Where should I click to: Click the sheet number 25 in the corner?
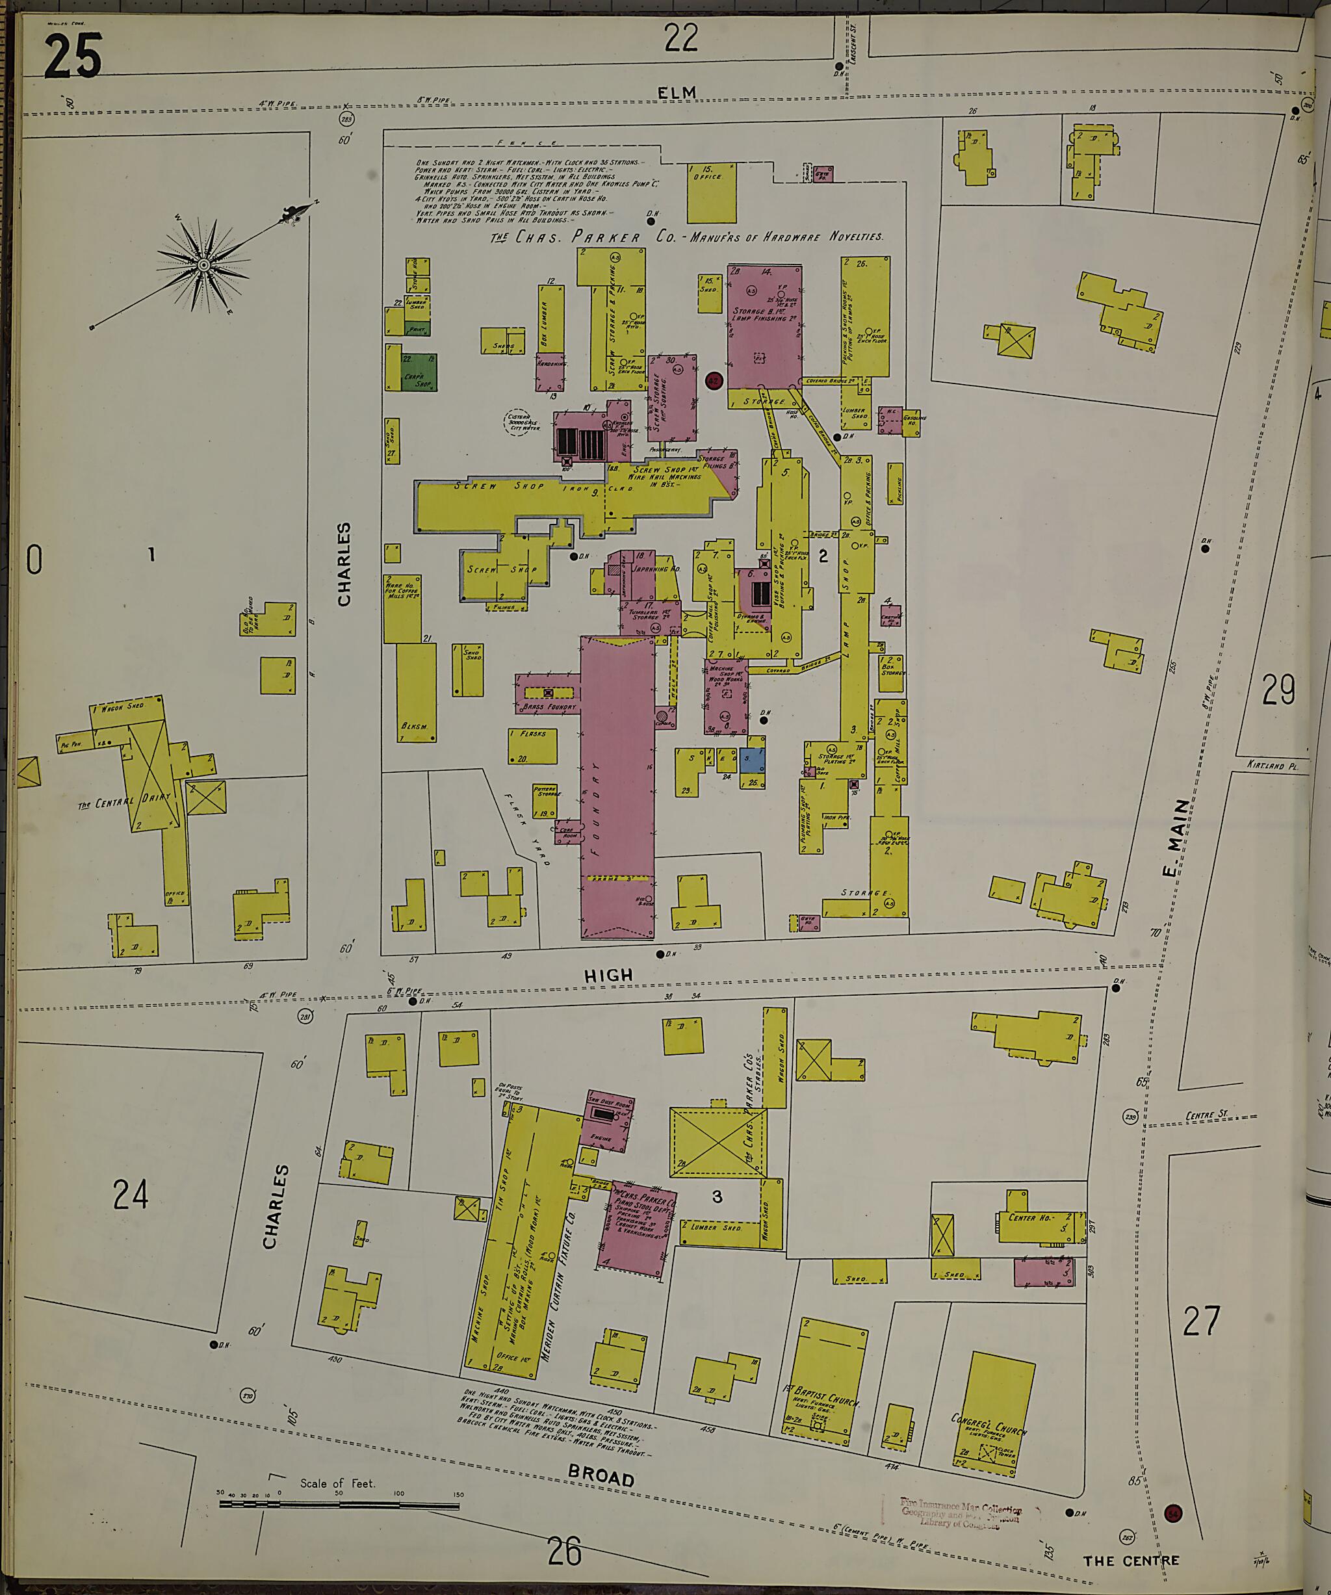pos(72,57)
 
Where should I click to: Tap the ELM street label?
pos(677,93)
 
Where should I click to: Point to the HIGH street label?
pos(608,974)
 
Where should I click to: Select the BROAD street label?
pos(601,1477)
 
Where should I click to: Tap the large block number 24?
pos(131,1195)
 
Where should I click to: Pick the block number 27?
pos(1200,1321)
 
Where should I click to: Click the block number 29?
pos(1278,690)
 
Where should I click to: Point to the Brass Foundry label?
pos(550,707)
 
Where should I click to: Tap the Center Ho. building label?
pos(1029,1217)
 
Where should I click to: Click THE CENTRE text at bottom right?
pos(1131,1561)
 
